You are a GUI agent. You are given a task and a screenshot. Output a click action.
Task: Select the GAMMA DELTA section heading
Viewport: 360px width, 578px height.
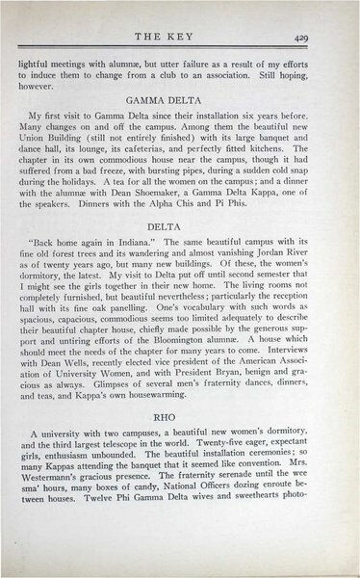click(x=180, y=98)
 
